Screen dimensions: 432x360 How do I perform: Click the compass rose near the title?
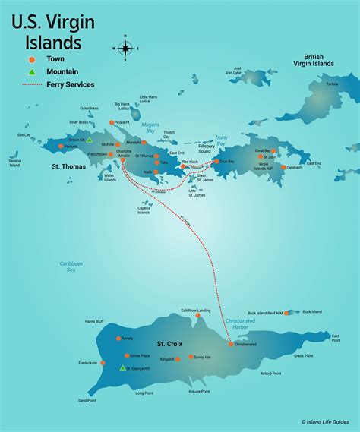pos(125,47)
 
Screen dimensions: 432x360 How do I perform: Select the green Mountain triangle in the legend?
pos(31,72)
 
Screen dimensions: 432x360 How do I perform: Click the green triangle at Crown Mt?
pos(89,140)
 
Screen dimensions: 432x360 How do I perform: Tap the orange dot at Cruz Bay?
pos(216,161)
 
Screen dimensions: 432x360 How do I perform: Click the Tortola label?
pos(332,84)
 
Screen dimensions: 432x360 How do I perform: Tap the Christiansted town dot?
pos(231,344)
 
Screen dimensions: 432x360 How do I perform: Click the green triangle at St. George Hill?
pos(122,368)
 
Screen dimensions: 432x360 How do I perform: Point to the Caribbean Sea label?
pos(71,266)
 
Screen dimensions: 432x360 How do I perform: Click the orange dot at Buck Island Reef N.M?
pos(286,312)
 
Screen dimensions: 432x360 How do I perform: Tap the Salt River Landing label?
pos(196,311)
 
